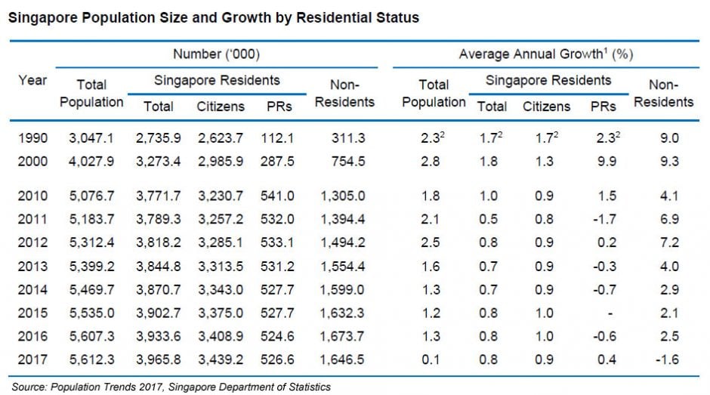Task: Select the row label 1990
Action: point(32,137)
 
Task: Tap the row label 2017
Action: point(32,360)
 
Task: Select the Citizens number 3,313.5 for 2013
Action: point(220,267)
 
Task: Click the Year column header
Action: point(32,80)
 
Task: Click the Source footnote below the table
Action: point(171,387)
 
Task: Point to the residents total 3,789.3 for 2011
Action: point(158,220)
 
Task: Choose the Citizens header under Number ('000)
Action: point(220,106)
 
